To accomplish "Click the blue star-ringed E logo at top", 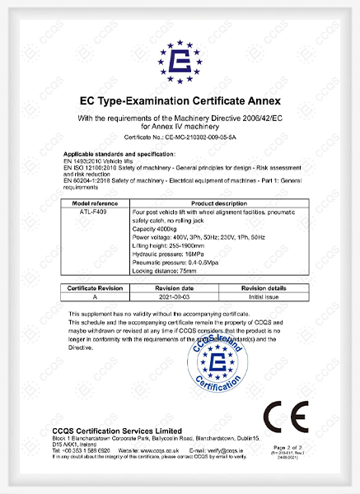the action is (180, 63).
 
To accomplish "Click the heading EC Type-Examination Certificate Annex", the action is (180, 102).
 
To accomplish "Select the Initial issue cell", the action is (261, 297).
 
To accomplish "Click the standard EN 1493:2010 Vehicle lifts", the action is (102, 161).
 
